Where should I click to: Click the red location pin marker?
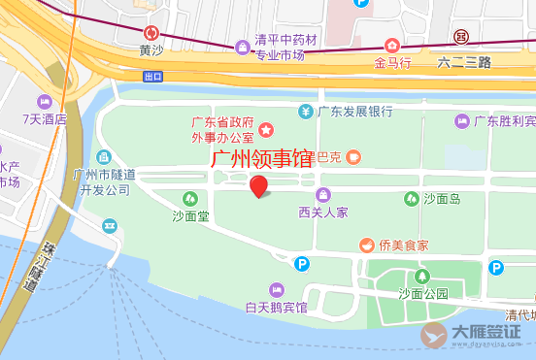click(x=259, y=185)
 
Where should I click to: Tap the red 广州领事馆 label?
click(x=262, y=158)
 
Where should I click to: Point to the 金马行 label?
click(x=393, y=61)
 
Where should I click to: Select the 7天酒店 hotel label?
click(x=45, y=119)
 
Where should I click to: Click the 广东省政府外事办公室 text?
click(x=222, y=129)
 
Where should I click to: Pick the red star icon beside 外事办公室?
click(x=264, y=129)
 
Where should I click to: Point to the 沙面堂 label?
click(x=190, y=215)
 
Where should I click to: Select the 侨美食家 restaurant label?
click(x=403, y=245)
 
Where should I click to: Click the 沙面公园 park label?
click(x=422, y=292)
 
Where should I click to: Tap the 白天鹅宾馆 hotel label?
click(x=276, y=308)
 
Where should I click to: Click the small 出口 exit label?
click(x=151, y=76)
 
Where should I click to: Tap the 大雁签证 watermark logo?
click(x=470, y=334)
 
